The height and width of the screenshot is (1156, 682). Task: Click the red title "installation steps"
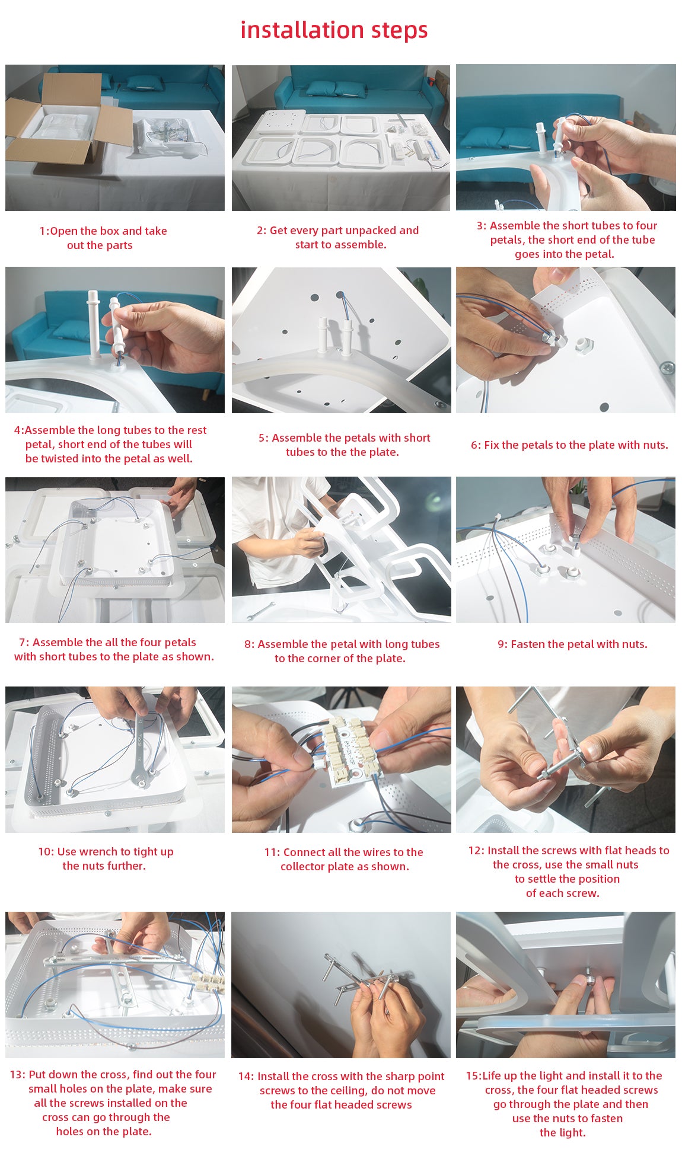point(334,30)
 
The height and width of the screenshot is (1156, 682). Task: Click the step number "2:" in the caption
point(262,231)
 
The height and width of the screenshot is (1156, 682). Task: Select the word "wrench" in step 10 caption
point(110,852)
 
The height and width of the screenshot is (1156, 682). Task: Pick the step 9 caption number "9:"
point(502,644)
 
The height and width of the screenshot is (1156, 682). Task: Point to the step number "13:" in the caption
point(17,1075)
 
